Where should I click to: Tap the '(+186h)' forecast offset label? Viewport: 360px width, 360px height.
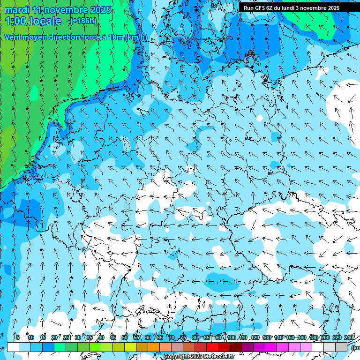[83, 21]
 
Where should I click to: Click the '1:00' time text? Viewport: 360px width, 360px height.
[15, 21]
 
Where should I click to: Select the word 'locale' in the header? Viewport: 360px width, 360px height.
[45, 21]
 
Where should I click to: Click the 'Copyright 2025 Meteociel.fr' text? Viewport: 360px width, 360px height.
[199, 356]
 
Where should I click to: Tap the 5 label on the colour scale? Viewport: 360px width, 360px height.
[18, 337]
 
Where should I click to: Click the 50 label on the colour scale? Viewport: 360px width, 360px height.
[125, 337]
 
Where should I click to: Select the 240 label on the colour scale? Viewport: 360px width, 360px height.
[349, 337]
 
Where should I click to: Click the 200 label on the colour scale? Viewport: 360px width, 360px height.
[324, 337]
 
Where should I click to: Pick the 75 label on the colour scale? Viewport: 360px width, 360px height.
[183, 337]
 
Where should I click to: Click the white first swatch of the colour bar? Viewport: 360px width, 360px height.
[13, 347]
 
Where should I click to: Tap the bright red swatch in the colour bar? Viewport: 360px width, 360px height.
[212, 347]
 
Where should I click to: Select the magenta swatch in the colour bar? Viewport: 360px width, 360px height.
[271, 347]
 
